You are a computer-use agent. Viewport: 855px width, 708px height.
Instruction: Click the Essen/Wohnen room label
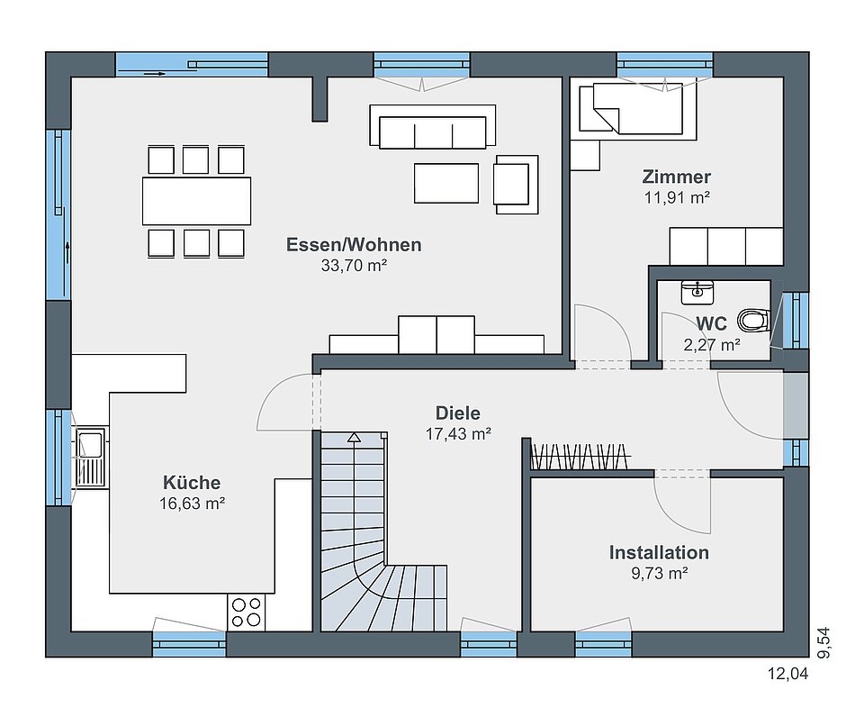(x=354, y=244)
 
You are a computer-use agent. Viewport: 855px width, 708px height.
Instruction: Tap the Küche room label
(x=192, y=483)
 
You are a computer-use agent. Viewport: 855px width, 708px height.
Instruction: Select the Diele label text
(x=458, y=413)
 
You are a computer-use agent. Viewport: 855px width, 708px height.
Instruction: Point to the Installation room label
(x=659, y=552)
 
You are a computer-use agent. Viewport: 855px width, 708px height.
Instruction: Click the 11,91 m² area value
(x=677, y=197)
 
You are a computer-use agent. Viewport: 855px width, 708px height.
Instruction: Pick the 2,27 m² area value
(x=712, y=345)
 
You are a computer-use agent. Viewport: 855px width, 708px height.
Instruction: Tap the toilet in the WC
(x=753, y=321)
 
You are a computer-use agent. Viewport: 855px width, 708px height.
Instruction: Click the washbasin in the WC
(x=697, y=292)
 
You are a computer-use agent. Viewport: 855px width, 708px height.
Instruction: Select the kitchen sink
(x=90, y=458)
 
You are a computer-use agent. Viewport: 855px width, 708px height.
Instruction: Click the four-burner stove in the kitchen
(x=246, y=613)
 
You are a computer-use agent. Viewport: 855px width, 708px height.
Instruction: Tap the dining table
(x=197, y=201)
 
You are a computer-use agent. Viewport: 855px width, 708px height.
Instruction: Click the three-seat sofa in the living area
(x=432, y=127)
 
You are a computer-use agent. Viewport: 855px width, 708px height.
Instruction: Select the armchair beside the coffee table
(x=516, y=185)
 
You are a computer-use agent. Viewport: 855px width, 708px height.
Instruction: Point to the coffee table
(x=446, y=183)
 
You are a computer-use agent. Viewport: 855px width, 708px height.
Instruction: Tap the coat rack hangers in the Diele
(x=580, y=457)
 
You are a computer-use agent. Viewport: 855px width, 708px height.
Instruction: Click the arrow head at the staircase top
(x=355, y=437)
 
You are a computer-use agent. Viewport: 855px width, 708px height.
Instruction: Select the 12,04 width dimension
(x=787, y=674)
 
